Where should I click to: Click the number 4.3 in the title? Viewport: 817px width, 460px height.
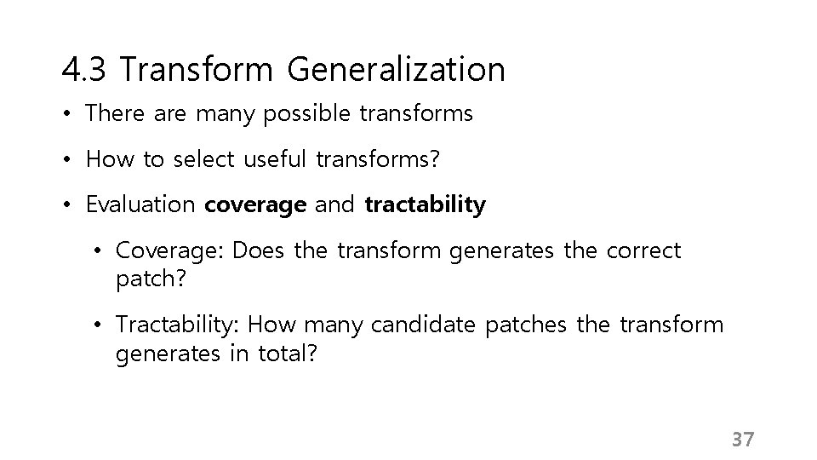pyautogui.click(x=84, y=69)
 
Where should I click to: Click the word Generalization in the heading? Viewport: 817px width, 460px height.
pyautogui.click(x=396, y=69)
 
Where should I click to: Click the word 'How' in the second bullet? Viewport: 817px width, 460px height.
pyautogui.click(x=105, y=159)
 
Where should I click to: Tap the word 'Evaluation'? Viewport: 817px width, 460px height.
pyautogui.click(x=140, y=205)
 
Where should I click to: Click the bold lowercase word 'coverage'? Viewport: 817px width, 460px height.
pyautogui.click(x=254, y=205)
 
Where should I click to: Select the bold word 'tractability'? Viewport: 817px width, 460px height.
pyautogui.click(x=425, y=205)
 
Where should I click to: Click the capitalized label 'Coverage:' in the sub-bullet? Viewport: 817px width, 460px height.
pyautogui.click(x=169, y=251)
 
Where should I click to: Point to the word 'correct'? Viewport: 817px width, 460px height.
pyautogui.click(x=644, y=251)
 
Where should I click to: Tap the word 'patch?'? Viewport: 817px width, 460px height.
pyautogui.click(x=144, y=279)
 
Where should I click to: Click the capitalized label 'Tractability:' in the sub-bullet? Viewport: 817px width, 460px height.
pyautogui.click(x=180, y=325)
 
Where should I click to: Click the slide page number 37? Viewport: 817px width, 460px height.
pyautogui.click(x=743, y=440)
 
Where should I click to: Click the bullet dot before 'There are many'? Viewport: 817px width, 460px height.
pyautogui.click(x=66, y=114)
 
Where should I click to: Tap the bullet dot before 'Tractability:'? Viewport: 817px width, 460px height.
pyautogui.click(x=100, y=325)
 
